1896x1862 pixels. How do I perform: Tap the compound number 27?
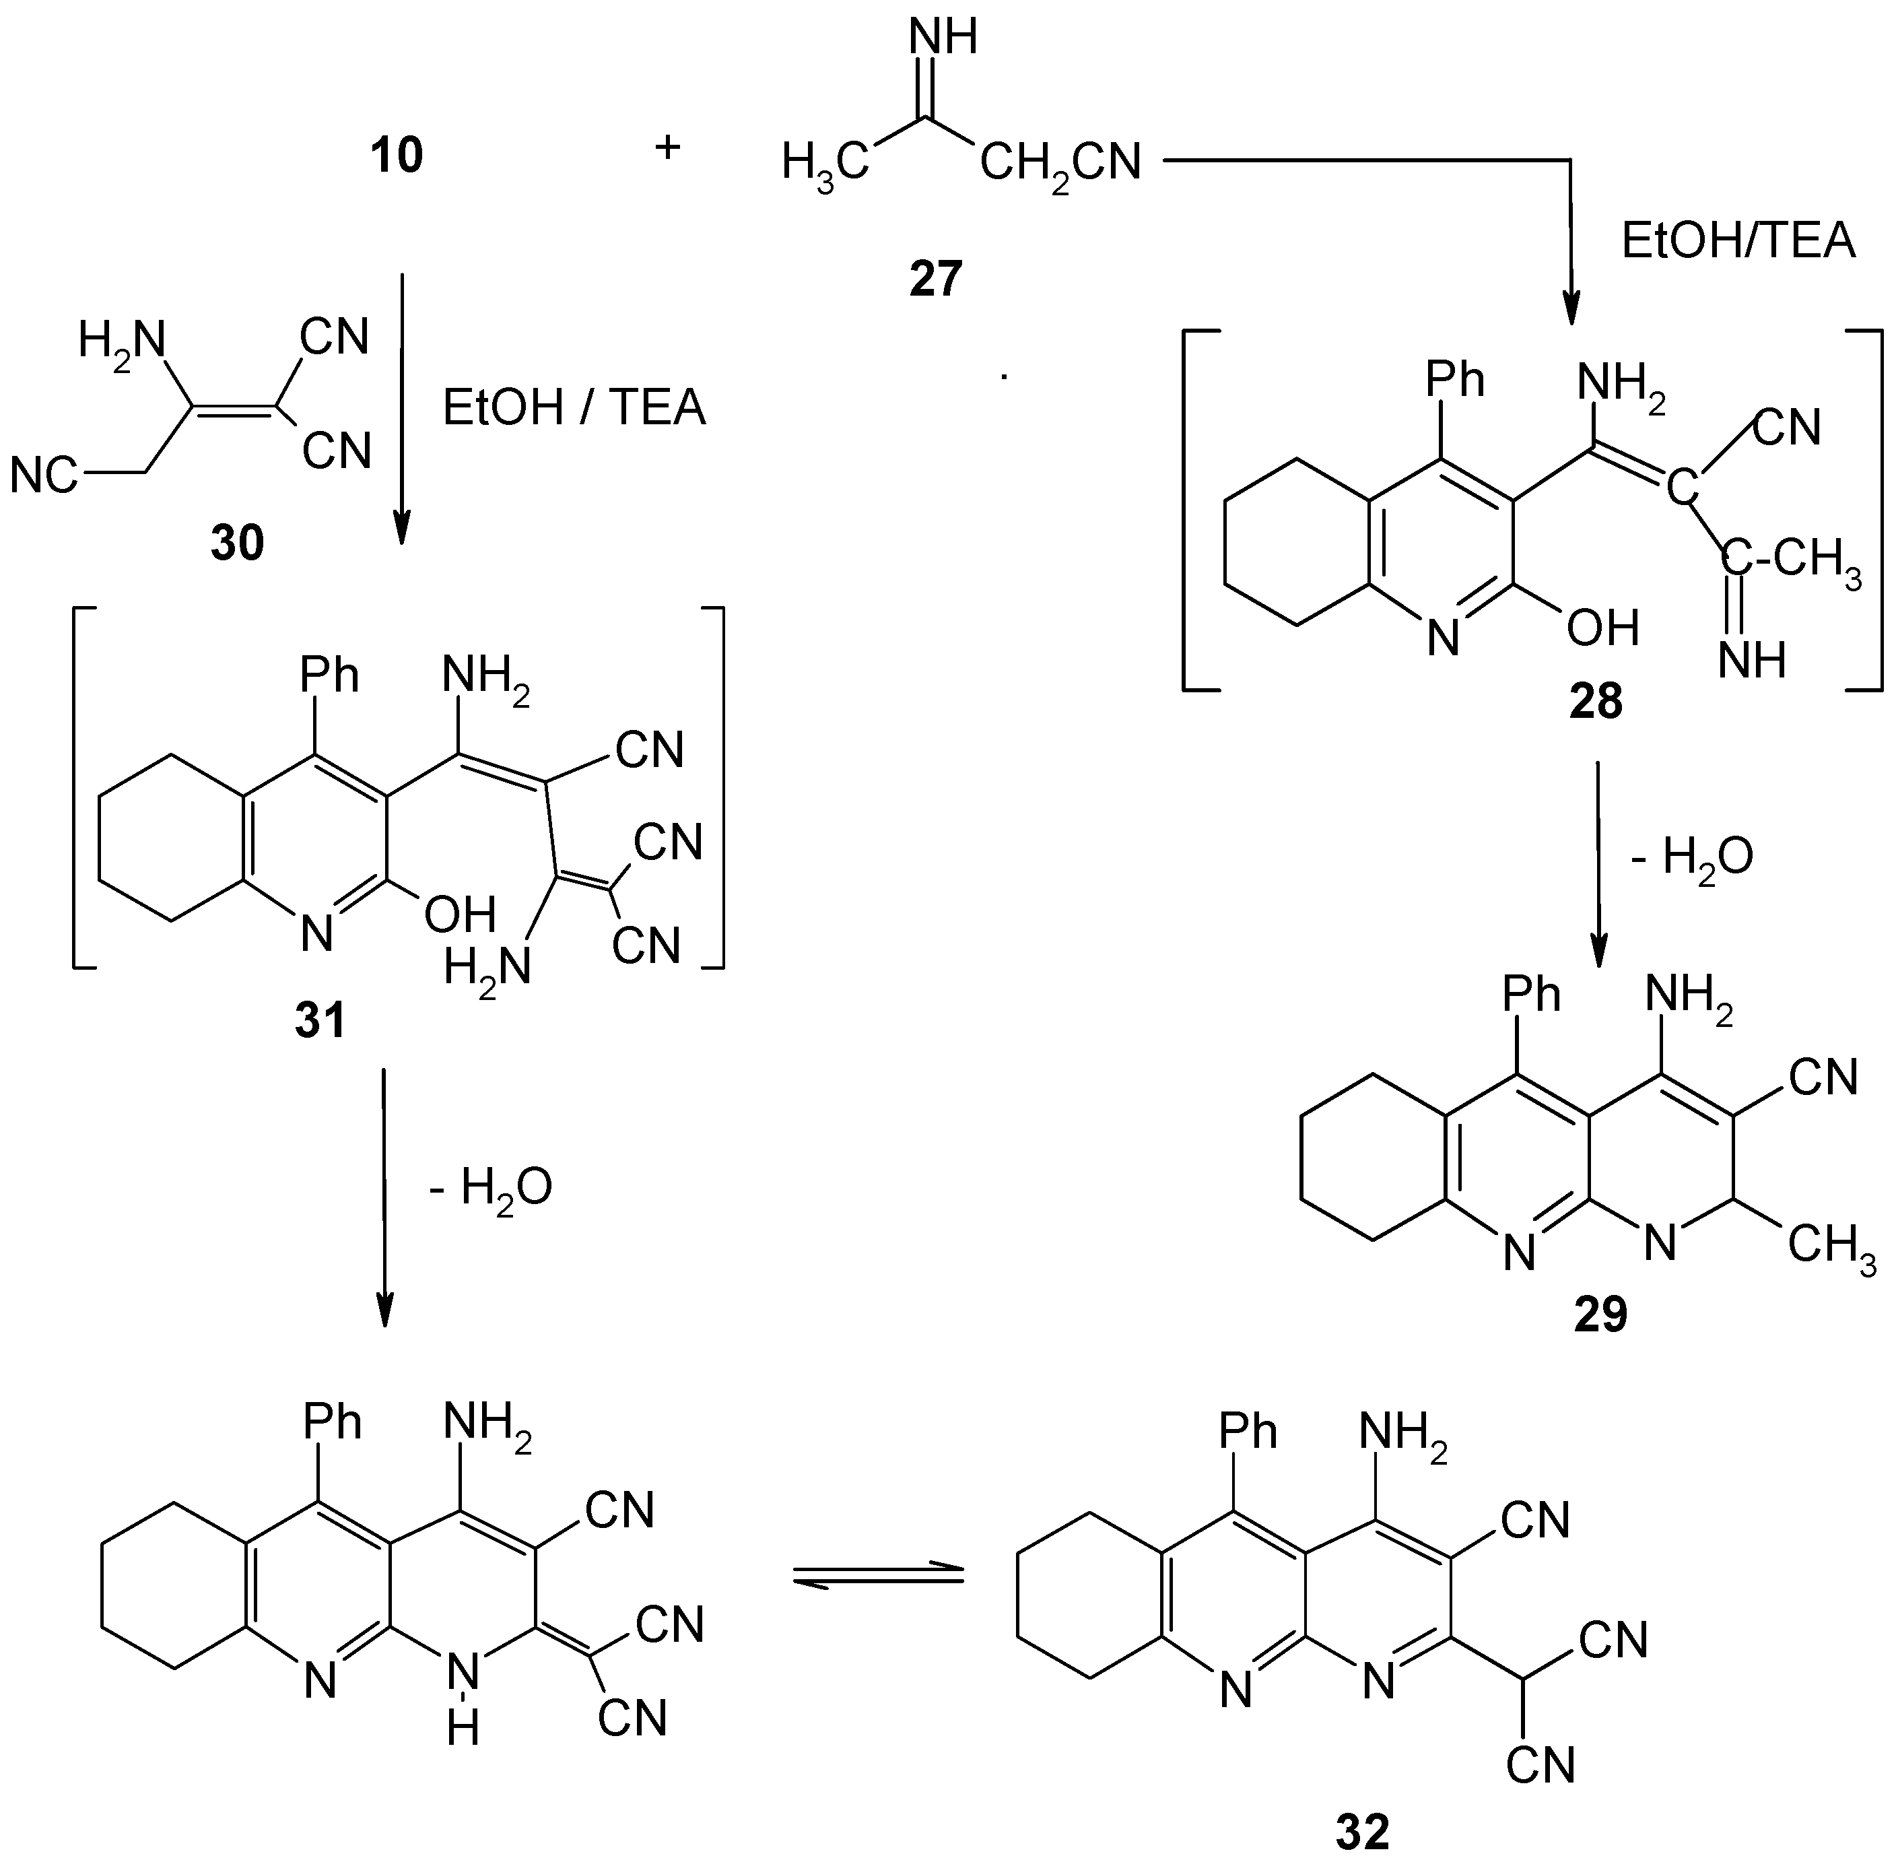pyautogui.click(x=936, y=279)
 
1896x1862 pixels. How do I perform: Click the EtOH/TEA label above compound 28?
pyautogui.click(x=1738, y=240)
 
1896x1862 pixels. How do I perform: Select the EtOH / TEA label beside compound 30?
pyautogui.click(x=574, y=408)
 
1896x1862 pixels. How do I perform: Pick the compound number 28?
pyautogui.click(x=1595, y=701)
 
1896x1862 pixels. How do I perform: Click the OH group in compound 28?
pyautogui.click(x=1602, y=628)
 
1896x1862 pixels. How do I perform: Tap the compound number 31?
pyautogui.click(x=320, y=1021)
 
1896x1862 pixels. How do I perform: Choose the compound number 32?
pyautogui.click(x=1362, y=1832)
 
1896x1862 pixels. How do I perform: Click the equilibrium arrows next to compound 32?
pyautogui.click(x=877, y=1576)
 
